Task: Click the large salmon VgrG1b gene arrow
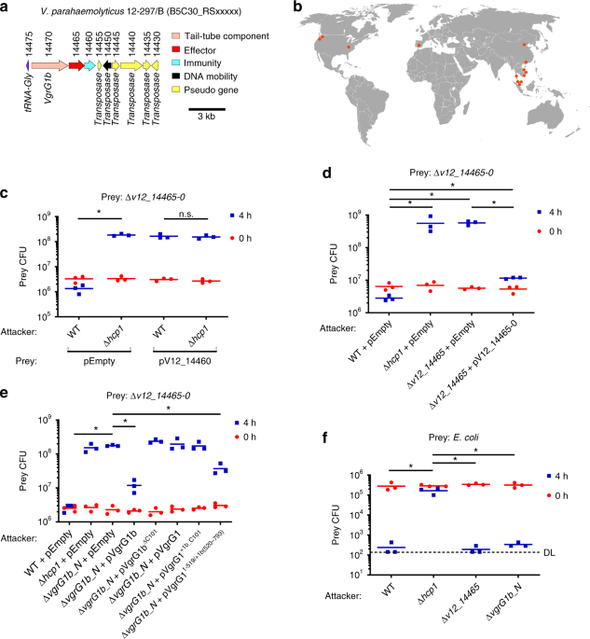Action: coord(46,66)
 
